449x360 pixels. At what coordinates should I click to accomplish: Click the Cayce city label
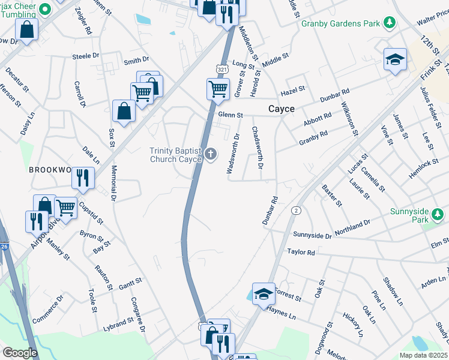(x=280, y=109)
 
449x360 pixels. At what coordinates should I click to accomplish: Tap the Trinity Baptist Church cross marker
(x=211, y=155)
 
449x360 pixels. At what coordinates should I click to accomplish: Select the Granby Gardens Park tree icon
(x=390, y=23)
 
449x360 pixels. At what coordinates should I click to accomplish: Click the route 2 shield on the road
(x=296, y=211)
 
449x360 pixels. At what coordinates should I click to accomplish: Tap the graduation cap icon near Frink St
(x=395, y=59)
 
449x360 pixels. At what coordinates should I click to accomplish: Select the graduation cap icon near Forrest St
(x=263, y=294)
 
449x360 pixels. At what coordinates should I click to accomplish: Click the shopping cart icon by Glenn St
(x=218, y=89)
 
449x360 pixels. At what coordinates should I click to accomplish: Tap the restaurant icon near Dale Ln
(x=83, y=178)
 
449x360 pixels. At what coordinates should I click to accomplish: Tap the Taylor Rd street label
(x=301, y=253)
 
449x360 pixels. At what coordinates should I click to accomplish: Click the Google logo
(x=20, y=352)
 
